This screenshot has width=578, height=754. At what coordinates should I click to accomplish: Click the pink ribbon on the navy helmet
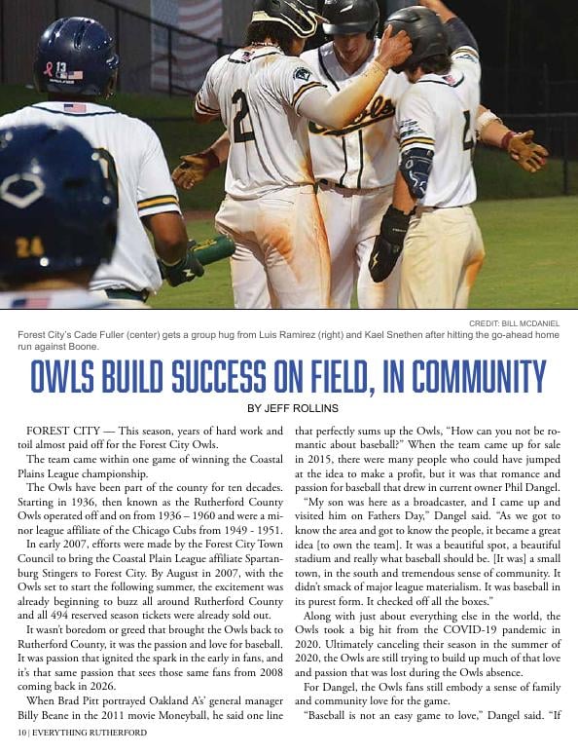pyautogui.click(x=48, y=69)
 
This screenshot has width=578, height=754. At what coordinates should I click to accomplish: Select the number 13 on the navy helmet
pyautogui.click(x=61, y=68)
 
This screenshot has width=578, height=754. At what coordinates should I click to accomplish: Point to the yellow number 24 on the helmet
pyautogui.click(x=29, y=246)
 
